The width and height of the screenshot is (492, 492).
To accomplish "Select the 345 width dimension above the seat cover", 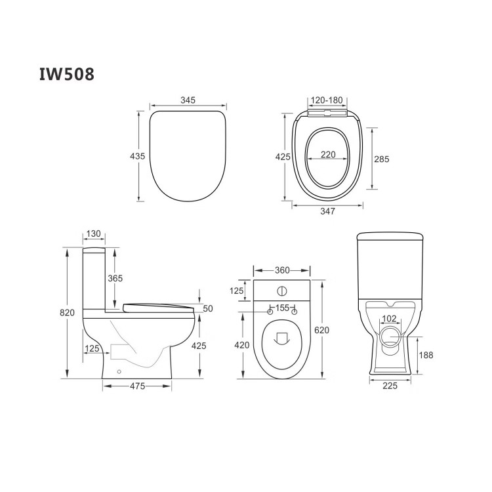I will tap(189, 100).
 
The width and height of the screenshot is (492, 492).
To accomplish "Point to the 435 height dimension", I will tap(138, 156).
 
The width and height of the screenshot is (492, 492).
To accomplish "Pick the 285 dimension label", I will tap(382, 159).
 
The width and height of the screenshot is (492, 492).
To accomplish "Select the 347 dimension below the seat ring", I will tap(327, 211).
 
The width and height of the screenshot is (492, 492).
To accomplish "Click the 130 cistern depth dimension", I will tap(93, 234).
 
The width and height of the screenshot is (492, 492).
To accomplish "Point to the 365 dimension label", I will tap(115, 278).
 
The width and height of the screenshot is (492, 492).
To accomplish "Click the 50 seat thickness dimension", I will tap(208, 308).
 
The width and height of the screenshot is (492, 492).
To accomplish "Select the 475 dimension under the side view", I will tap(137, 386).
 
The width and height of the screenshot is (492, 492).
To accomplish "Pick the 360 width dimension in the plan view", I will tap(281, 270).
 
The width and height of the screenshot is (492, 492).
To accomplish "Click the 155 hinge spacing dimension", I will tap(281, 308).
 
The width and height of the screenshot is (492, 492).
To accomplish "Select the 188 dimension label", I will tap(426, 355).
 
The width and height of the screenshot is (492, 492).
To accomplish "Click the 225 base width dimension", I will tap(390, 386).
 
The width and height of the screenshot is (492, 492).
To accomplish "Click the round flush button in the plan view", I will tap(281, 291).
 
